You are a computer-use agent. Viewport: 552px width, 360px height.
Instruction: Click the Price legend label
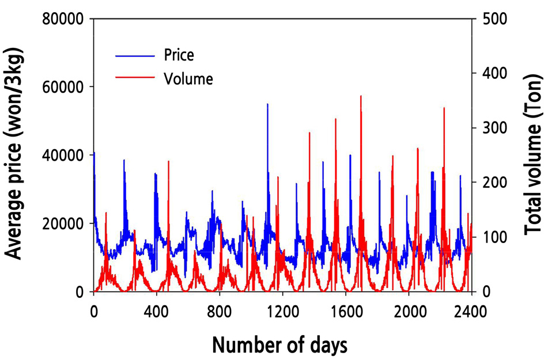click(x=179, y=55)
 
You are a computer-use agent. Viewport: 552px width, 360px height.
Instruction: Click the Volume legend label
click(x=188, y=78)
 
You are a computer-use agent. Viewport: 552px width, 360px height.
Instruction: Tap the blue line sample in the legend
click(x=135, y=56)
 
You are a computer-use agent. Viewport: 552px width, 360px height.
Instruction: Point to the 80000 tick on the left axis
click(x=65, y=19)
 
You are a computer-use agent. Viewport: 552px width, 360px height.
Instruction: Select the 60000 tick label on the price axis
click(x=65, y=87)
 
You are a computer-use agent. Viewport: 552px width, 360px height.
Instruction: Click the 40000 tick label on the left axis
click(x=65, y=156)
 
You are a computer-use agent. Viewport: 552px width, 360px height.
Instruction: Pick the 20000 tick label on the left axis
click(x=65, y=223)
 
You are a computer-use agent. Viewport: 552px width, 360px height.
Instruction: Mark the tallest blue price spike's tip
click(x=267, y=104)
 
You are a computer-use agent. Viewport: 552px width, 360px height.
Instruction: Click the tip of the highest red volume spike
click(x=361, y=96)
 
